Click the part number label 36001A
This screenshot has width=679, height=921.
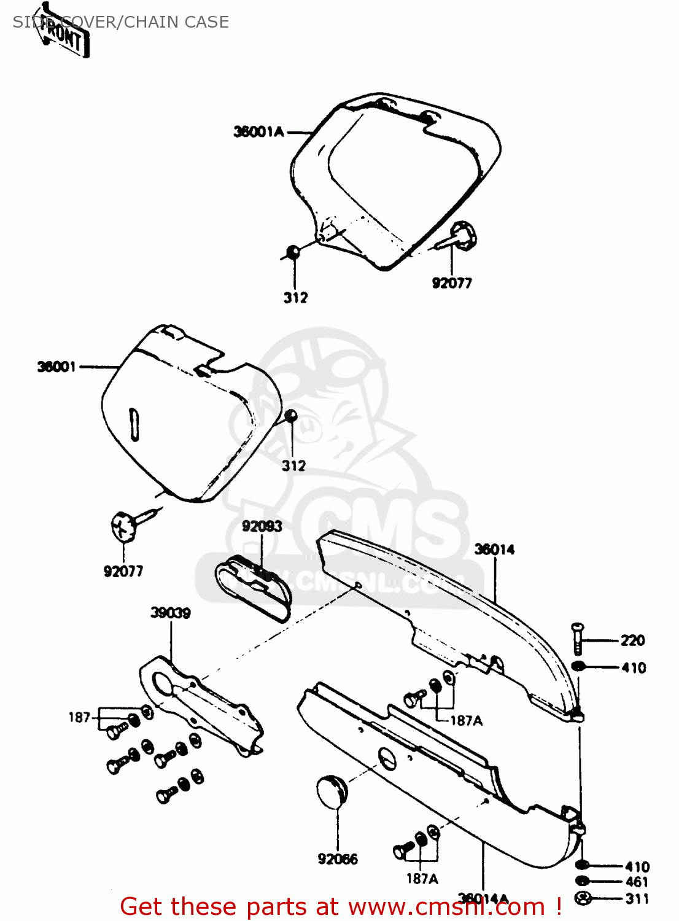(x=258, y=131)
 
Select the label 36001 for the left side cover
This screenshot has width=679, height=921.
(x=56, y=367)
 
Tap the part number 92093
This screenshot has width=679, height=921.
(x=262, y=526)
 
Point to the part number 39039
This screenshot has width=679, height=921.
(x=171, y=612)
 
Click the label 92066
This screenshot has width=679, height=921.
(x=338, y=859)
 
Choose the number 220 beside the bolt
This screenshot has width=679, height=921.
(x=632, y=640)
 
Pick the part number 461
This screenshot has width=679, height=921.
(x=637, y=882)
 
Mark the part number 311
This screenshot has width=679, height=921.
(x=637, y=899)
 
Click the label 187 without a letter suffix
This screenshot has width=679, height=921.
(x=79, y=717)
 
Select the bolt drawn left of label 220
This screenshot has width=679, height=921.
(x=578, y=639)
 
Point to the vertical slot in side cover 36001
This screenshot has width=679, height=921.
(x=133, y=424)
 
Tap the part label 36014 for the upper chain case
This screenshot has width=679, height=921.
(x=494, y=550)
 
